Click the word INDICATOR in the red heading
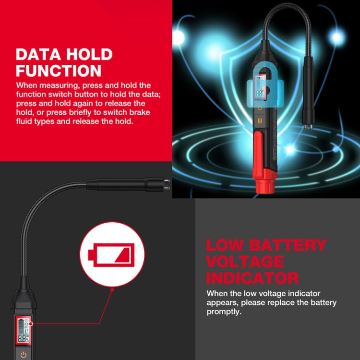tap(252, 277)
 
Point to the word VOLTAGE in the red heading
tap(245, 262)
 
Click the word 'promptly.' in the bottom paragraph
tap(224, 311)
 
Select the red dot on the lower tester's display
tap(22, 324)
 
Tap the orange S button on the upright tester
tap(260, 120)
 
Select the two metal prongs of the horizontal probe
tap(166, 184)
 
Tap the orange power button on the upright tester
tap(260, 108)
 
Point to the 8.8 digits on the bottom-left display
tap(22, 338)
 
